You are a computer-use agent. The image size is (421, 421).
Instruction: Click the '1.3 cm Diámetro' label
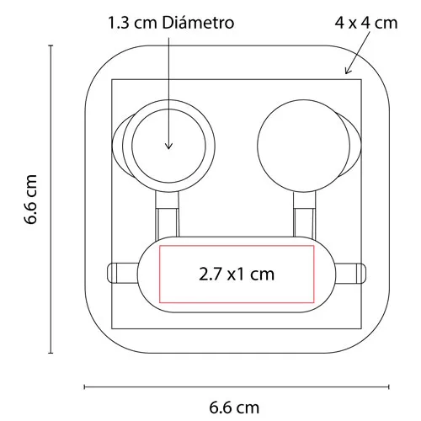coord(171,23)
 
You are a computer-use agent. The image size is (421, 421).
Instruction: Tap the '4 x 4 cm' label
coord(366,23)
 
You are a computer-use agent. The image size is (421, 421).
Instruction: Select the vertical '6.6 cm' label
coord(30,200)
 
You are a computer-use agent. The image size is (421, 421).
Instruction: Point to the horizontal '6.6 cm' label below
coord(234,408)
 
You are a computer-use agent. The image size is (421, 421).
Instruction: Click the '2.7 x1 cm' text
coord(237,274)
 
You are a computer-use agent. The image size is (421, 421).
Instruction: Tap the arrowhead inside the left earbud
coord(168,146)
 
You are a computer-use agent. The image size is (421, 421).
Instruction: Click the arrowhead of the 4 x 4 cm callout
coord(348,70)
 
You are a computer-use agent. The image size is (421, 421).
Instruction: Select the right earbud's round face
coord(303,146)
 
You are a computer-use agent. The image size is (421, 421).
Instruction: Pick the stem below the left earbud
coord(168,215)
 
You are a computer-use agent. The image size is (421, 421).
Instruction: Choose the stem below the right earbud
coord(304,215)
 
